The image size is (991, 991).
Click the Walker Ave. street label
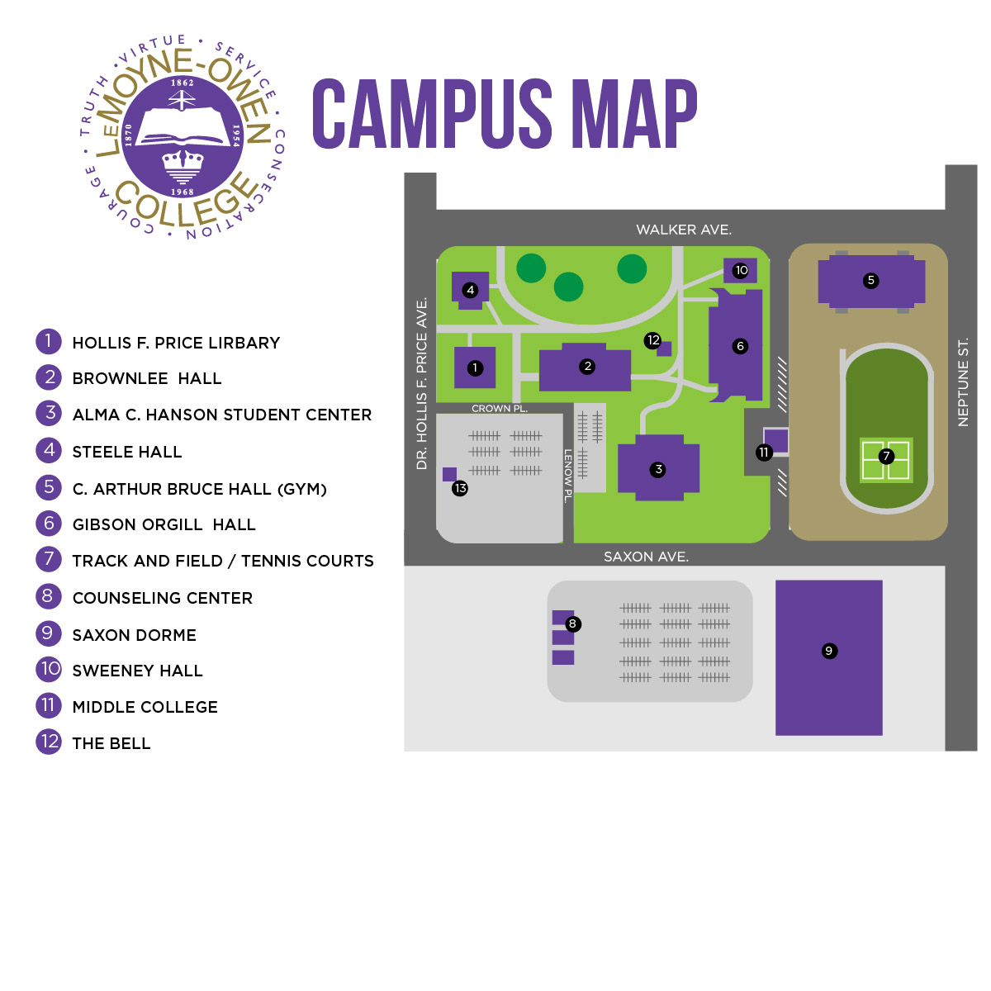[684, 230]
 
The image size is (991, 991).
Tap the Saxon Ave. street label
[646, 557]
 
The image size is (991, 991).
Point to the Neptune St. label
[962, 382]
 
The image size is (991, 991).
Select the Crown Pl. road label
[499, 409]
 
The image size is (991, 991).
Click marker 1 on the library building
[475, 368]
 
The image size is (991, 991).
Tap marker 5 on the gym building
[870, 281]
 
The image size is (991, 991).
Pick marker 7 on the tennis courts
[886, 456]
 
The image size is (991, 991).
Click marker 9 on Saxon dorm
[829, 651]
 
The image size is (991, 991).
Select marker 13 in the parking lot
[460, 488]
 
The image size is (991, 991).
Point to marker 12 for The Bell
[653, 340]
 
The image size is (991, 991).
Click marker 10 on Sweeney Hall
[741, 270]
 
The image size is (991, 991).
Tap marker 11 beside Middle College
[764, 453]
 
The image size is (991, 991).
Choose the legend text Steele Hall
[127, 452]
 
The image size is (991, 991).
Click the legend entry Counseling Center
[163, 598]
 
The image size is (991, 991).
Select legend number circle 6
[49, 524]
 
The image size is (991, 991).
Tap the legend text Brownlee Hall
[147, 378]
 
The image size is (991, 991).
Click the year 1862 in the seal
[182, 83]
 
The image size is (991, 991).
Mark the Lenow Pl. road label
[568, 476]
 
